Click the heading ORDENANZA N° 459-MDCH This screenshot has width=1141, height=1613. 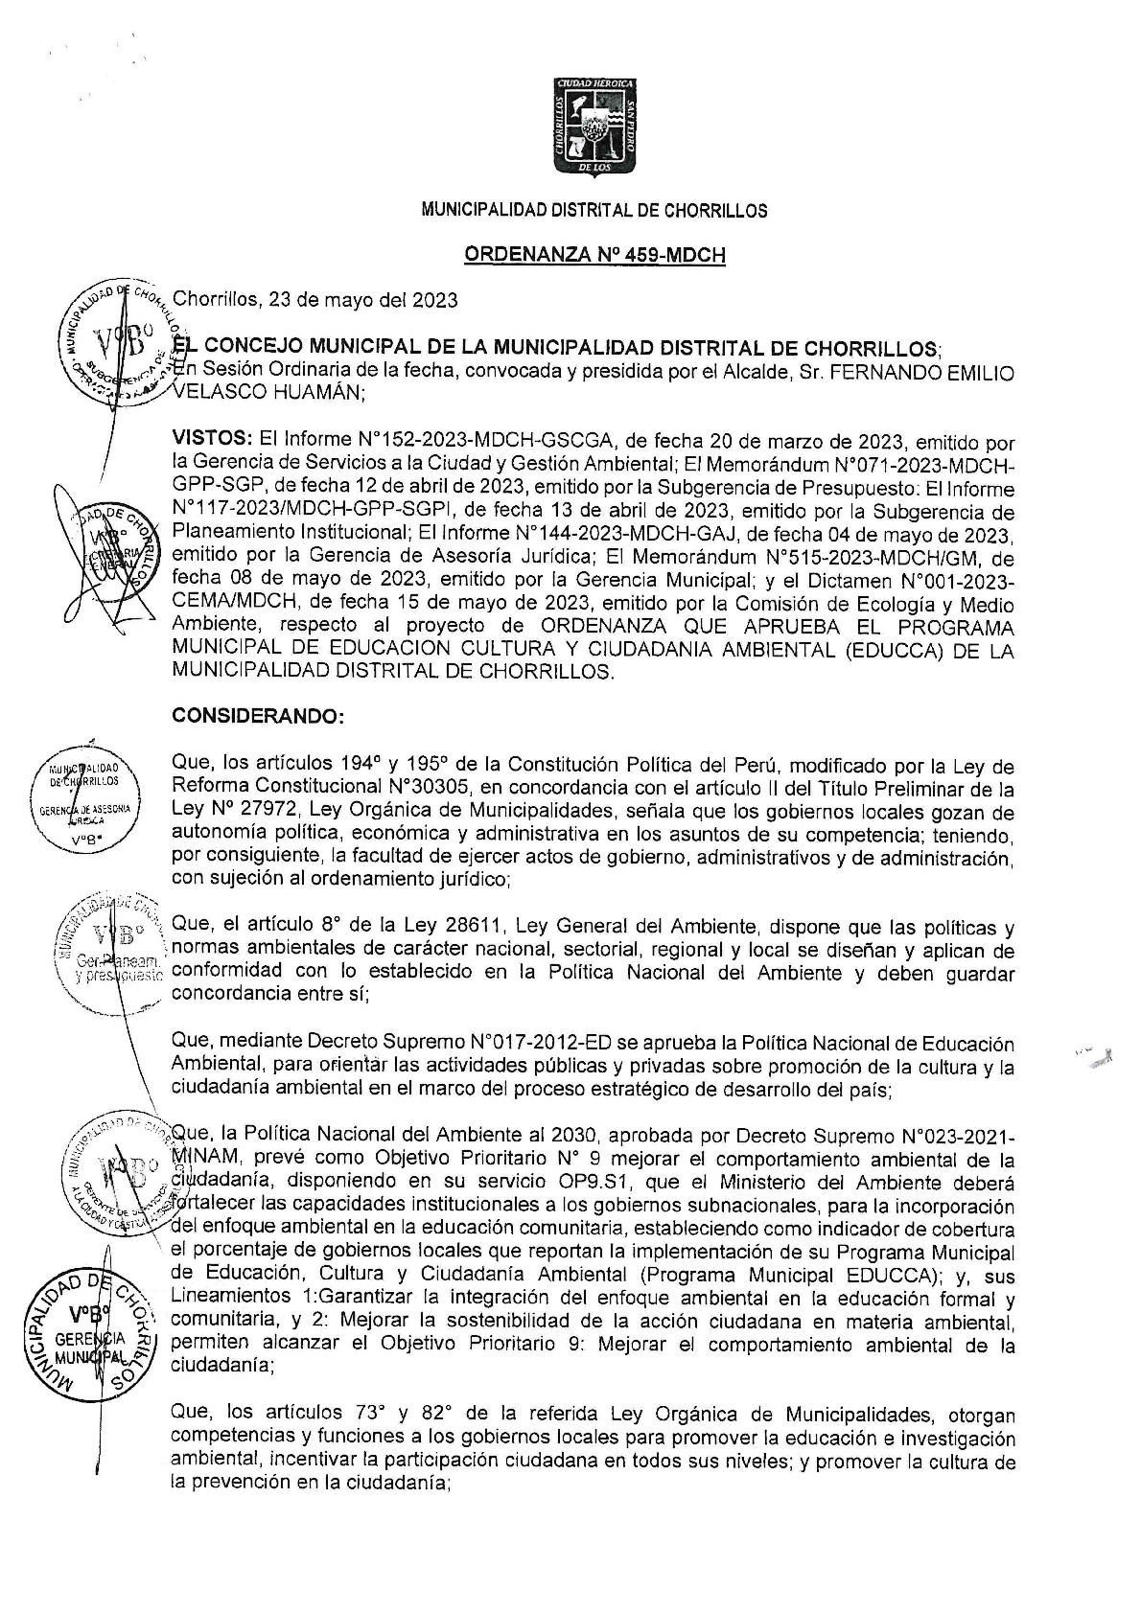[x=594, y=255]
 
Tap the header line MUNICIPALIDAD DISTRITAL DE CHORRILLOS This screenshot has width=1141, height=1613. [x=594, y=211]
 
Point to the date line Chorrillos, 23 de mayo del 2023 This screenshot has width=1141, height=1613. [x=314, y=299]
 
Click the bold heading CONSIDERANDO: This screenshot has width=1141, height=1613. [x=242, y=715]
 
